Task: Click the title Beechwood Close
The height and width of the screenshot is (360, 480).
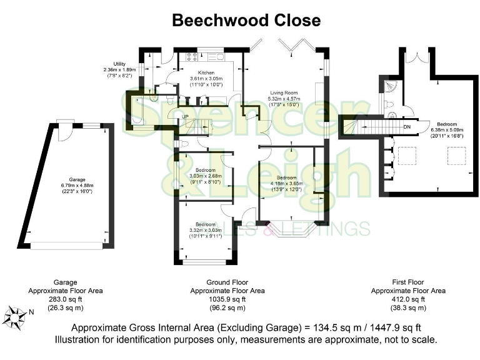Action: pos(246,20)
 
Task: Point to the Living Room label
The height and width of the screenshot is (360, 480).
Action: pos(284,92)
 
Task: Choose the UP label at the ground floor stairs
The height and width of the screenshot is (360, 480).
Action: pos(185,117)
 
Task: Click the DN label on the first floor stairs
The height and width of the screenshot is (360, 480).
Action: pos(407,127)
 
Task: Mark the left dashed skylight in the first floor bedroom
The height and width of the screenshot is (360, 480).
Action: pos(411,154)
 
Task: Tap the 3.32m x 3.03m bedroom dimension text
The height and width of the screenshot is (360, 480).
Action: pos(205,230)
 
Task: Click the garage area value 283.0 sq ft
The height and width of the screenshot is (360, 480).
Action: pos(57,299)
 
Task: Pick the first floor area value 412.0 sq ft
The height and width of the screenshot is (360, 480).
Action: pos(408,299)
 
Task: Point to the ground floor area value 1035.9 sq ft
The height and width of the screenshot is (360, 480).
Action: pos(227,299)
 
